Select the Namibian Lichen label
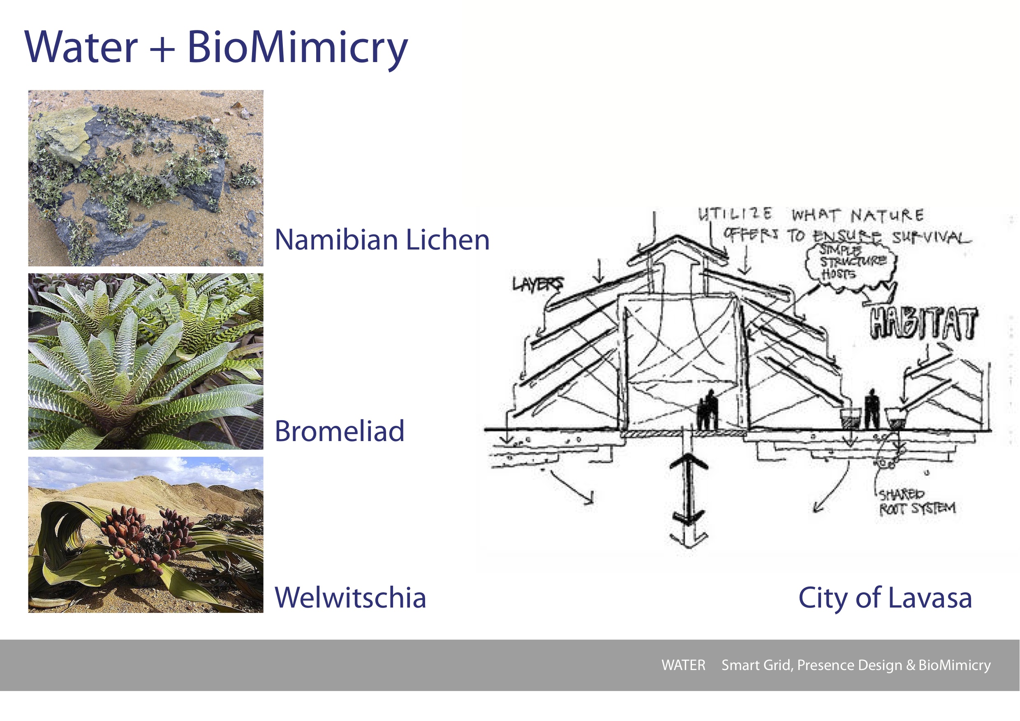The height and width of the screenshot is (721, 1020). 382,240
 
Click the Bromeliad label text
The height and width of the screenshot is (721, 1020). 340,431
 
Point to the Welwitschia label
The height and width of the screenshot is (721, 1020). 350,598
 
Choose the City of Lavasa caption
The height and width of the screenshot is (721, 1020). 885,598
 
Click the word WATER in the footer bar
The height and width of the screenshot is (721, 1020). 683,665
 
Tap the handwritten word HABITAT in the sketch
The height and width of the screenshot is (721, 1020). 923,324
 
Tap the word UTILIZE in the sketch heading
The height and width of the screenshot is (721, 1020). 735,214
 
